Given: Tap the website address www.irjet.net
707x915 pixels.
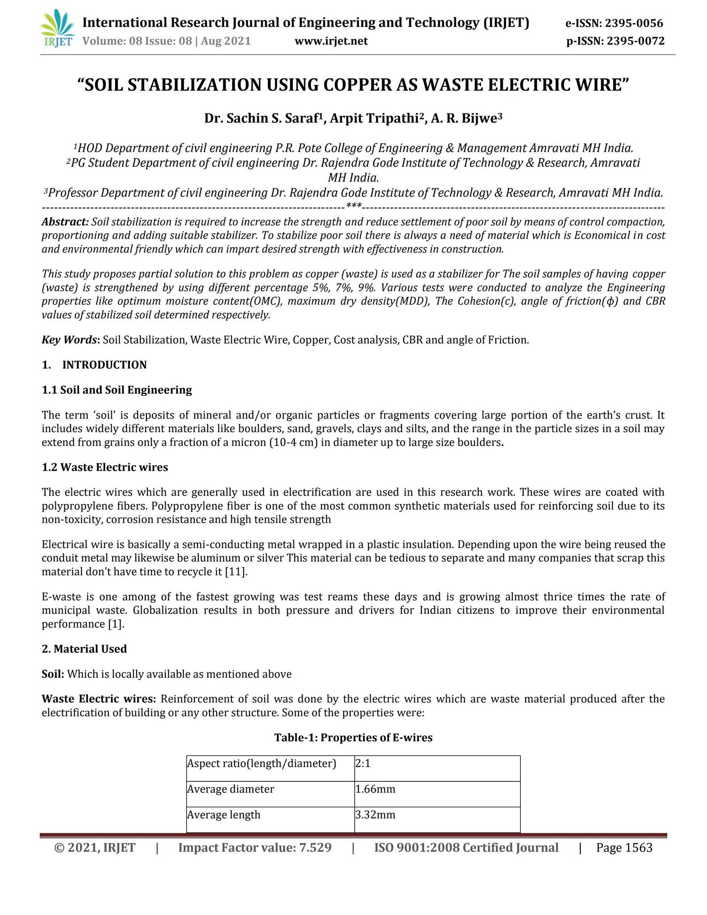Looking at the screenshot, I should pyautogui.click(x=331, y=42).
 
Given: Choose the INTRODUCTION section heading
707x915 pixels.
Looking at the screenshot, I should pyautogui.click(x=104, y=365).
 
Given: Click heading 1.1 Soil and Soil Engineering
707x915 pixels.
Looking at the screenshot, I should pyautogui.click(x=117, y=390).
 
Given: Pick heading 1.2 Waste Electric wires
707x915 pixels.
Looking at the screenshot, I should pyautogui.click(x=105, y=467).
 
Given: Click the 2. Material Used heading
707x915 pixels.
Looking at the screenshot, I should pyautogui.click(x=84, y=649).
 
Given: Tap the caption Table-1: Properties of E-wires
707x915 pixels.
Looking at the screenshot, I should pyautogui.click(x=353, y=738).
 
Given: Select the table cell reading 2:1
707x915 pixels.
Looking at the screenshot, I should pyautogui.click(x=363, y=764).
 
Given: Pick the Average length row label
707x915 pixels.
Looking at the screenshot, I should pyautogui.click(x=223, y=814).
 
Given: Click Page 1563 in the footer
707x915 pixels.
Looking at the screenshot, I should pyautogui.click(x=624, y=848).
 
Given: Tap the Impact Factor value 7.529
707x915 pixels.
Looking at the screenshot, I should pyautogui.click(x=314, y=848).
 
